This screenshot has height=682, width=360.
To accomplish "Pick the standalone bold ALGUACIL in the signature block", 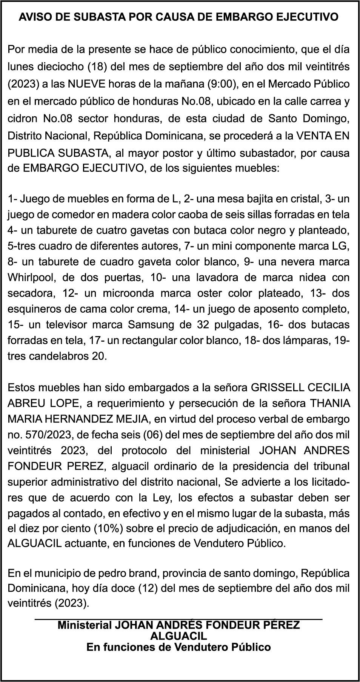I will [x=178, y=636].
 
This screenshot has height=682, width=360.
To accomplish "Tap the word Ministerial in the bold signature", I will [x=84, y=625].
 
